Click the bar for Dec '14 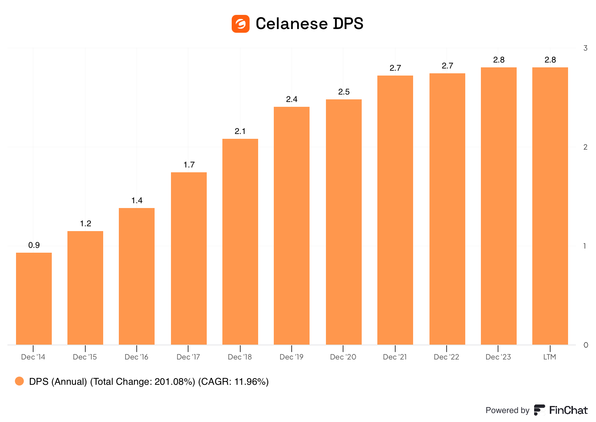34,298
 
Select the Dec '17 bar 189,258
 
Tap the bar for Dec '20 344,222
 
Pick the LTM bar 550,206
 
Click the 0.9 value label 34,245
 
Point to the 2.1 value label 240,131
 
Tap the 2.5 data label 344,92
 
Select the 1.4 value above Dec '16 137,201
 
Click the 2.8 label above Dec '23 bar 499,60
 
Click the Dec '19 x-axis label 291,357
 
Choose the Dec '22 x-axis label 446,357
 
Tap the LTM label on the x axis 549,357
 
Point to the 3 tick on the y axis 586,48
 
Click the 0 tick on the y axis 586,345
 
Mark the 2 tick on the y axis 586,147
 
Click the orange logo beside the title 241,24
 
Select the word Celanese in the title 291,24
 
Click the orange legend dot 19,381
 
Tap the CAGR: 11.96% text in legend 233,382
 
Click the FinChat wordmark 568,410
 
